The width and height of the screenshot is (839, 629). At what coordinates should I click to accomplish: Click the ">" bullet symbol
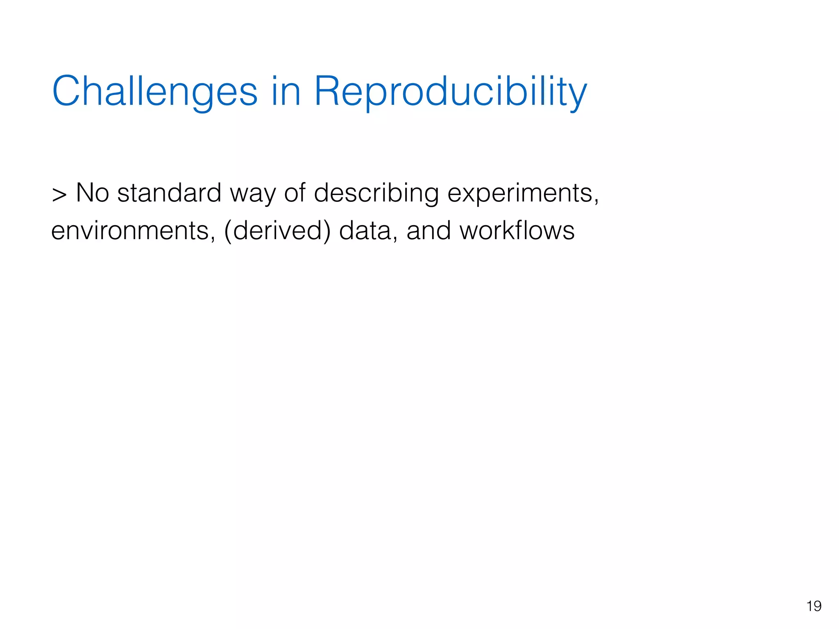pos(59,194)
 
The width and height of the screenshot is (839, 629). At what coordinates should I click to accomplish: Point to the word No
pos(93,192)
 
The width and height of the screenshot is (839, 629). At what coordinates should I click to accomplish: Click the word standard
pos(169,192)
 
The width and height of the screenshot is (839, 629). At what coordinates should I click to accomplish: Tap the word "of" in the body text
pos(295,192)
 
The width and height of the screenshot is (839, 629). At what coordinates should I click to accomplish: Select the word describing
pos(376,193)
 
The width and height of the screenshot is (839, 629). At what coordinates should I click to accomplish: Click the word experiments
pos(519,193)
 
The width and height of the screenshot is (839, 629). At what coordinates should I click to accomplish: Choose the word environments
pos(130,231)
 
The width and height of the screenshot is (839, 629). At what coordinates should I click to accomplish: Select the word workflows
pos(517,230)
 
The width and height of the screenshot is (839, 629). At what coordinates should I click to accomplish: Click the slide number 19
pos(814,606)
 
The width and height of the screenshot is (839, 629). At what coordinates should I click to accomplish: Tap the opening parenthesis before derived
pos(228,231)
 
